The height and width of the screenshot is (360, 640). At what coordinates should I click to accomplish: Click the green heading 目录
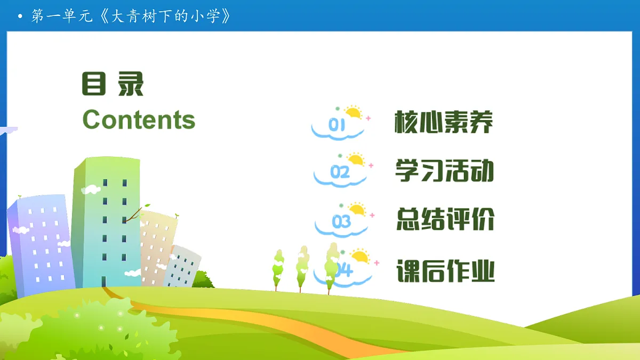click(x=113, y=84)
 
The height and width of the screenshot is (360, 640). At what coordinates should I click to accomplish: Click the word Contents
click(x=139, y=119)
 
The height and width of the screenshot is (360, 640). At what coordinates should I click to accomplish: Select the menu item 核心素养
click(x=444, y=123)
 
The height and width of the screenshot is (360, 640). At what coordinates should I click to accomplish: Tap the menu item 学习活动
click(x=444, y=170)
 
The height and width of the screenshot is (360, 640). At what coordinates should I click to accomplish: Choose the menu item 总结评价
click(x=445, y=219)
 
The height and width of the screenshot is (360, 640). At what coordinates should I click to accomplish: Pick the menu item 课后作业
click(x=445, y=271)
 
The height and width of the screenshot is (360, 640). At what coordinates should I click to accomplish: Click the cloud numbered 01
click(x=338, y=126)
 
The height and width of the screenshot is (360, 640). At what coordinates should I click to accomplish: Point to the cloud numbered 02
click(x=340, y=173)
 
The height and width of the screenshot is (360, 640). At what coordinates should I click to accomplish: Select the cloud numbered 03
click(x=341, y=222)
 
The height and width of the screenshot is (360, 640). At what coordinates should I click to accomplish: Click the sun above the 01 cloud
click(x=353, y=113)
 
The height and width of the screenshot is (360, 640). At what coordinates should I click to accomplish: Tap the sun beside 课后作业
click(x=360, y=257)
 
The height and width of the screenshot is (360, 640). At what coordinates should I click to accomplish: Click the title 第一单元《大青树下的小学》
click(x=131, y=16)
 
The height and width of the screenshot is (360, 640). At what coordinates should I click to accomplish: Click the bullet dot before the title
click(x=20, y=17)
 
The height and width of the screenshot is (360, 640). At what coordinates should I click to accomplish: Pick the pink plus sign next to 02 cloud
click(x=371, y=166)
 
